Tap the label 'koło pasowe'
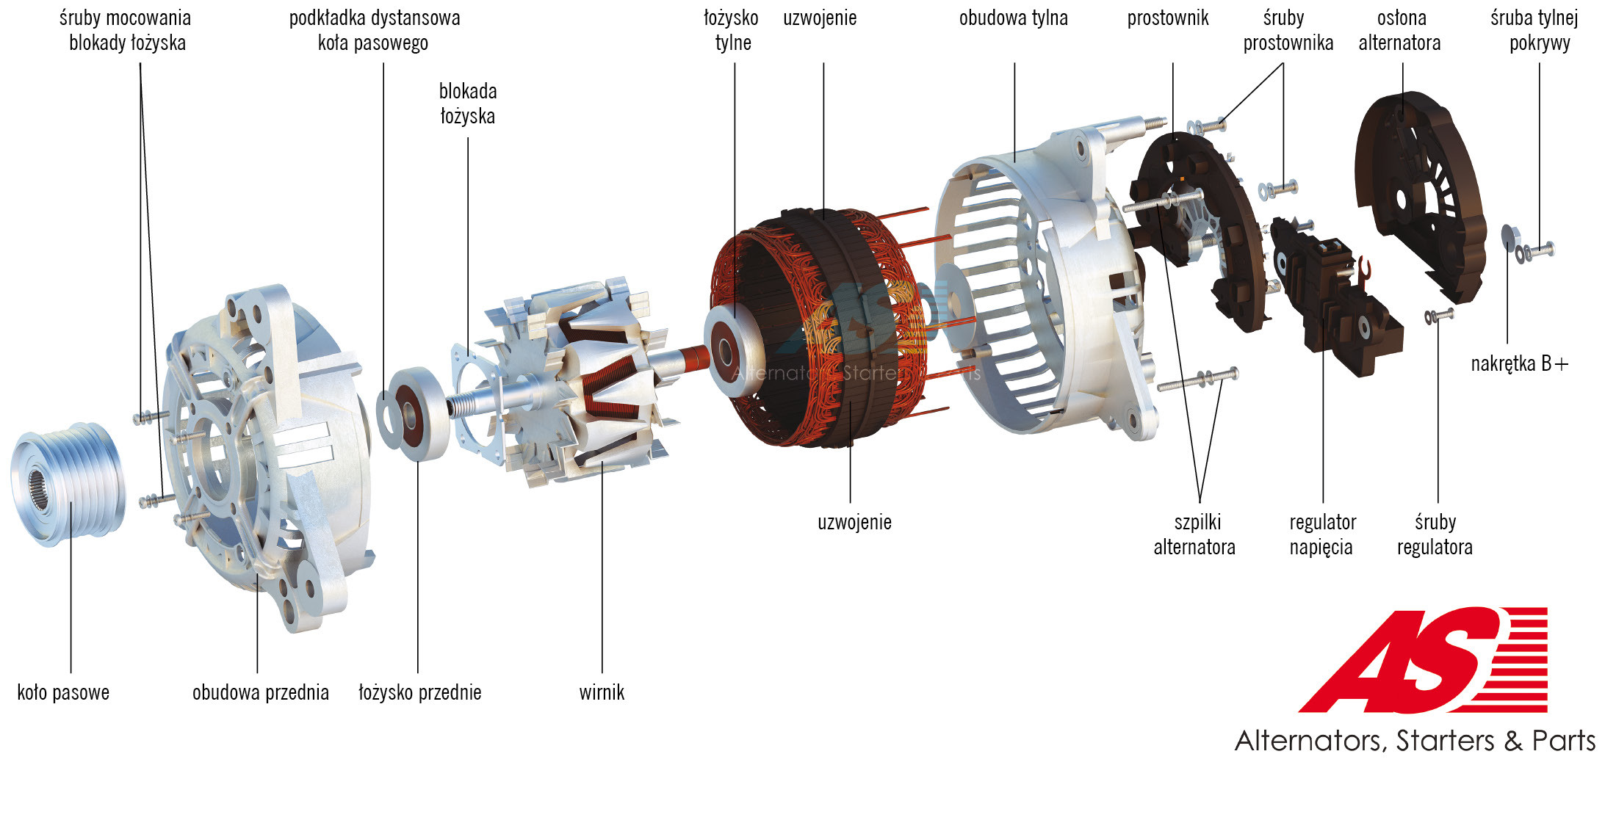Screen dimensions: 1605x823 pyautogui.click(x=63, y=692)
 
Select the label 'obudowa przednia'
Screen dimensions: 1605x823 pyautogui.click(x=261, y=692)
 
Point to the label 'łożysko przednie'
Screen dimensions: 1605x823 pyautogui.click(x=420, y=692)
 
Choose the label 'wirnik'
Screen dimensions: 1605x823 pyautogui.click(x=602, y=692)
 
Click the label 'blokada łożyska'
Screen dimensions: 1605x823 pyautogui.click(x=468, y=104)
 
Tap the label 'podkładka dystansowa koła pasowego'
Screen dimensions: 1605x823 pyautogui.click(x=375, y=30)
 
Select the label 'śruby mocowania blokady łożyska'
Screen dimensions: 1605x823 pyautogui.click(x=126, y=30)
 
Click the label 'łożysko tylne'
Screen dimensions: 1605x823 pyautogui.click(x=732, y=30)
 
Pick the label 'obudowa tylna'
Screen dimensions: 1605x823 pyautogui.click(x=1014, y=18)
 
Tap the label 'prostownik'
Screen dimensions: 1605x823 pyautogui.click(x=1168, y=18)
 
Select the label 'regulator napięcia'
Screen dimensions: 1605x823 pyautogui.click(x=1322, y=534)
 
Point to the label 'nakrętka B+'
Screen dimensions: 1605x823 pyautogui.click(x=1519, y=363)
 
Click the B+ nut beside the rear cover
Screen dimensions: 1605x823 pyautogui.click(x=1510, y=238)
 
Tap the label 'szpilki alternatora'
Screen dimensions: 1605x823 pyautogui.click(x=1195, y=534)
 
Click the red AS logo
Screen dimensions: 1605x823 pyautogui.click(x=1423, y=659)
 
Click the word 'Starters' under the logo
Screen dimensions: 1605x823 pyautogui.click(x=1444, y=741)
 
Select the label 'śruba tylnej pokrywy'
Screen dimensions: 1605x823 pyautogui.click(x=1535, y=30)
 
